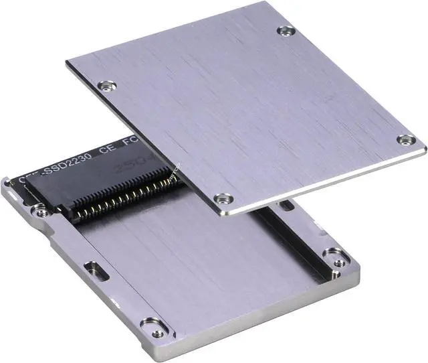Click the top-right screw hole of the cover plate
click(x=286, y=30)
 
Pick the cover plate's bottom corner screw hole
click(x=223, y=198)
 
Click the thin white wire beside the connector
click(x=175, y=173)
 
